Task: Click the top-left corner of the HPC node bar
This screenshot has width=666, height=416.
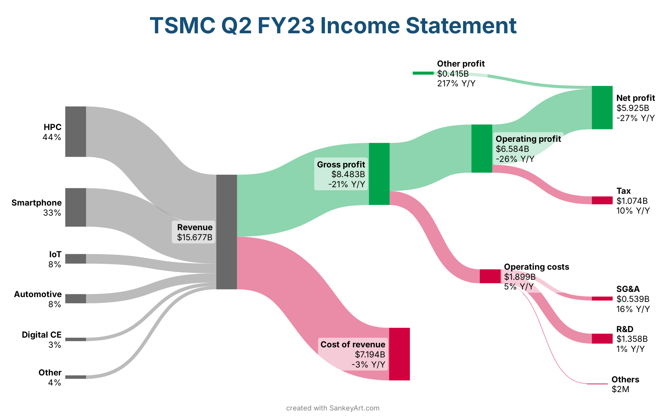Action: point(66,106)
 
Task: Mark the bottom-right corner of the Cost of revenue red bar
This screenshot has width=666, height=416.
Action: point(410,380)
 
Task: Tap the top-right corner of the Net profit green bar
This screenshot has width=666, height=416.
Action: point(613,86)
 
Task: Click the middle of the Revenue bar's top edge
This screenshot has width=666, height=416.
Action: point(227,175)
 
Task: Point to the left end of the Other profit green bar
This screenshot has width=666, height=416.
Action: point(413,73)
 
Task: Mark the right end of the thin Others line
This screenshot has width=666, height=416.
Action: point(608,384)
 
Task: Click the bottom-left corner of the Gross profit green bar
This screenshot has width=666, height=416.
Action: point(369,205)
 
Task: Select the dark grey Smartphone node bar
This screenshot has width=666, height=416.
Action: point(76,207)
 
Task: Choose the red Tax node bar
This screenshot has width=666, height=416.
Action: point(602,200)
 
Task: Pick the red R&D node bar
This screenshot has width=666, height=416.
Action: point(602,339)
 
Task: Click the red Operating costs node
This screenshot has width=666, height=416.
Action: point(490,276)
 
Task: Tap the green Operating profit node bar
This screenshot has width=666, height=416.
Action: point(482,148)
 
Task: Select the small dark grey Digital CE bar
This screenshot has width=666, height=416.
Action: point(76,339)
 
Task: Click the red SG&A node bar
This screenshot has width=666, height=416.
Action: point(602,298)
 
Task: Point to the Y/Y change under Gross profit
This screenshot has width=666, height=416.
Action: point(347,184)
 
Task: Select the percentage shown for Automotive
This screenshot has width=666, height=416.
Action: point(55,304)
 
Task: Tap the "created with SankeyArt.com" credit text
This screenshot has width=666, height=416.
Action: point(333,408)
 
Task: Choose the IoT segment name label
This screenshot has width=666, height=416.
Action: point(55,254)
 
